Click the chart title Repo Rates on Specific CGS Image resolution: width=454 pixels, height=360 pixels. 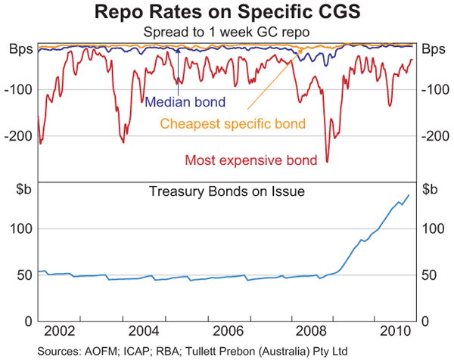coord(227,13)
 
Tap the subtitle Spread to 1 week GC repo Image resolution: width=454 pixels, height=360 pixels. coord(227,33)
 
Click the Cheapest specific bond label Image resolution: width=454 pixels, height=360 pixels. coord(232,123)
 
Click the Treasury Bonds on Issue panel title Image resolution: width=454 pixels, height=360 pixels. coord(227,191)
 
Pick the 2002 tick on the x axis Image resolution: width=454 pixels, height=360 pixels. coord(58,332)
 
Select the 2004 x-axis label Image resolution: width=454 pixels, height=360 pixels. coord(143,332)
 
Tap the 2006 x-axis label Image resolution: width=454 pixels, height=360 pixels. coord(228,332)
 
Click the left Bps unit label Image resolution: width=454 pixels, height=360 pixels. coord(21,50)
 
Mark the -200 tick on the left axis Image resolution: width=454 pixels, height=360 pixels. coord(19,136)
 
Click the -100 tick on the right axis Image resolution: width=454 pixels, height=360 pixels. coord(436,90)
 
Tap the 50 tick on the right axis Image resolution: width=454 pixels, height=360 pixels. coord(430,275)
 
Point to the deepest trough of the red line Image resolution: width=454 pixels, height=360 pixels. coord(328,161)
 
